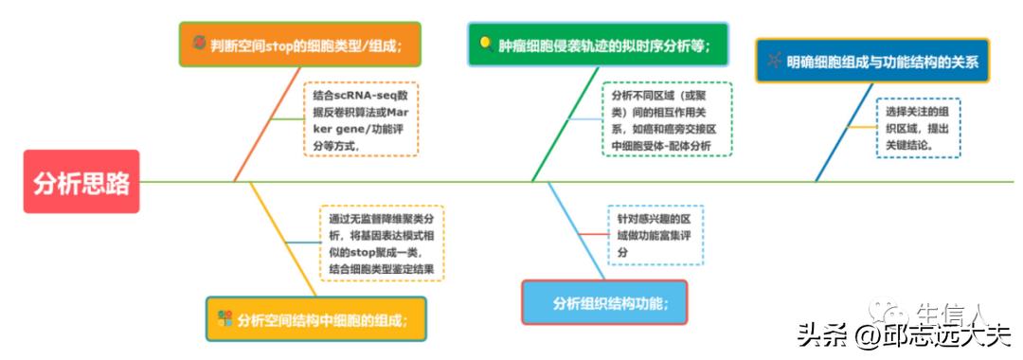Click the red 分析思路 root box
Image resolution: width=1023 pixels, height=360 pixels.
point(81,181)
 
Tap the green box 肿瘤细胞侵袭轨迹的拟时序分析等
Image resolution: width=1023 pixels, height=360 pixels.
point(597,45)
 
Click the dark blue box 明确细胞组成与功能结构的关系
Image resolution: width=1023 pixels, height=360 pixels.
point(871,62)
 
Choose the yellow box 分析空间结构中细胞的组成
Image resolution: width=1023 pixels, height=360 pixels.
point(316,319)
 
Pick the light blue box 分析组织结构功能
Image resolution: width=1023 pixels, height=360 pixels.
point(603,302)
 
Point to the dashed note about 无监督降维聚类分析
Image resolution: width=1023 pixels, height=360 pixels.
point(381,243)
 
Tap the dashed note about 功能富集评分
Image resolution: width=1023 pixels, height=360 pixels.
point(655,235)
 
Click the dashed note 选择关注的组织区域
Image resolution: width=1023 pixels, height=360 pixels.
point(916,127)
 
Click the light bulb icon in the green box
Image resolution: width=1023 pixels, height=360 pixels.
point(485,44)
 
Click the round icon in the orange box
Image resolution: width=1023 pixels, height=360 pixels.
point(198,44)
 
